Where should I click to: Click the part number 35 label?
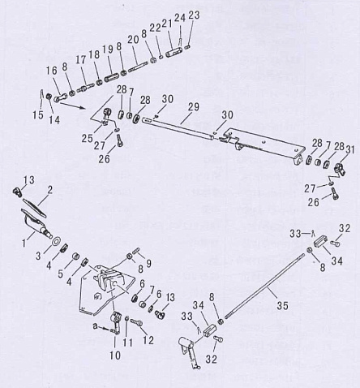pyautogui.click(x=282, y=306)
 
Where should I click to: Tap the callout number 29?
pyautogui.click(x=194, y=107)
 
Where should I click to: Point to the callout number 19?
pyautogui.click(x=108, y=50)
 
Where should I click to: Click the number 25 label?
pyautogui.click(x=88, y=139)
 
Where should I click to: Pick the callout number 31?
pyautogui.click(x=349, y=150)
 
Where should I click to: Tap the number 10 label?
pyautogui.click(x=115, y=355)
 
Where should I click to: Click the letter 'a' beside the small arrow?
pyautogui.click(x=95, y=326)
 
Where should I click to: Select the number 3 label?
pyautogui.click(x=38, y=256)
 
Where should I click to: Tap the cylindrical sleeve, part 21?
pyautogui.click(x=174, y=51)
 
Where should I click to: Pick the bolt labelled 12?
pyautogui.click(x=136, y=322)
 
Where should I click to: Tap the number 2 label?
pyautogui.click(x=49, y=190)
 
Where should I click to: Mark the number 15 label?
pyautogui.click(x=38, y=114)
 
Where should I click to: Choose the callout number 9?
pyautogui.click(x=148, y=264)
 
